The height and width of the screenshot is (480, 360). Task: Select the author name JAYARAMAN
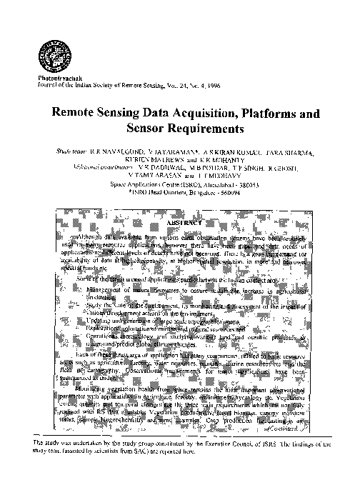pyautogui.click(x=170, y=153)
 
